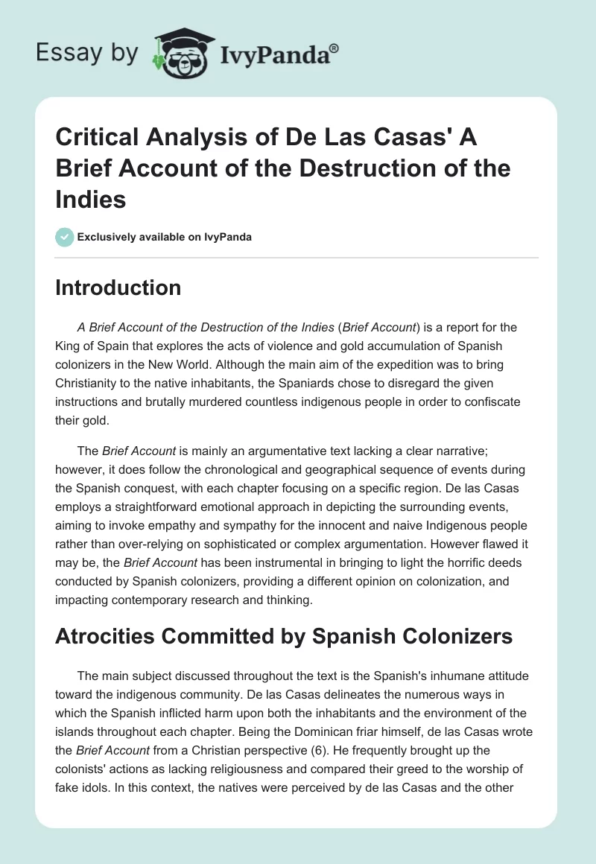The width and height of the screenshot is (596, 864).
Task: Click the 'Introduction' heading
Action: point(118,288)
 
